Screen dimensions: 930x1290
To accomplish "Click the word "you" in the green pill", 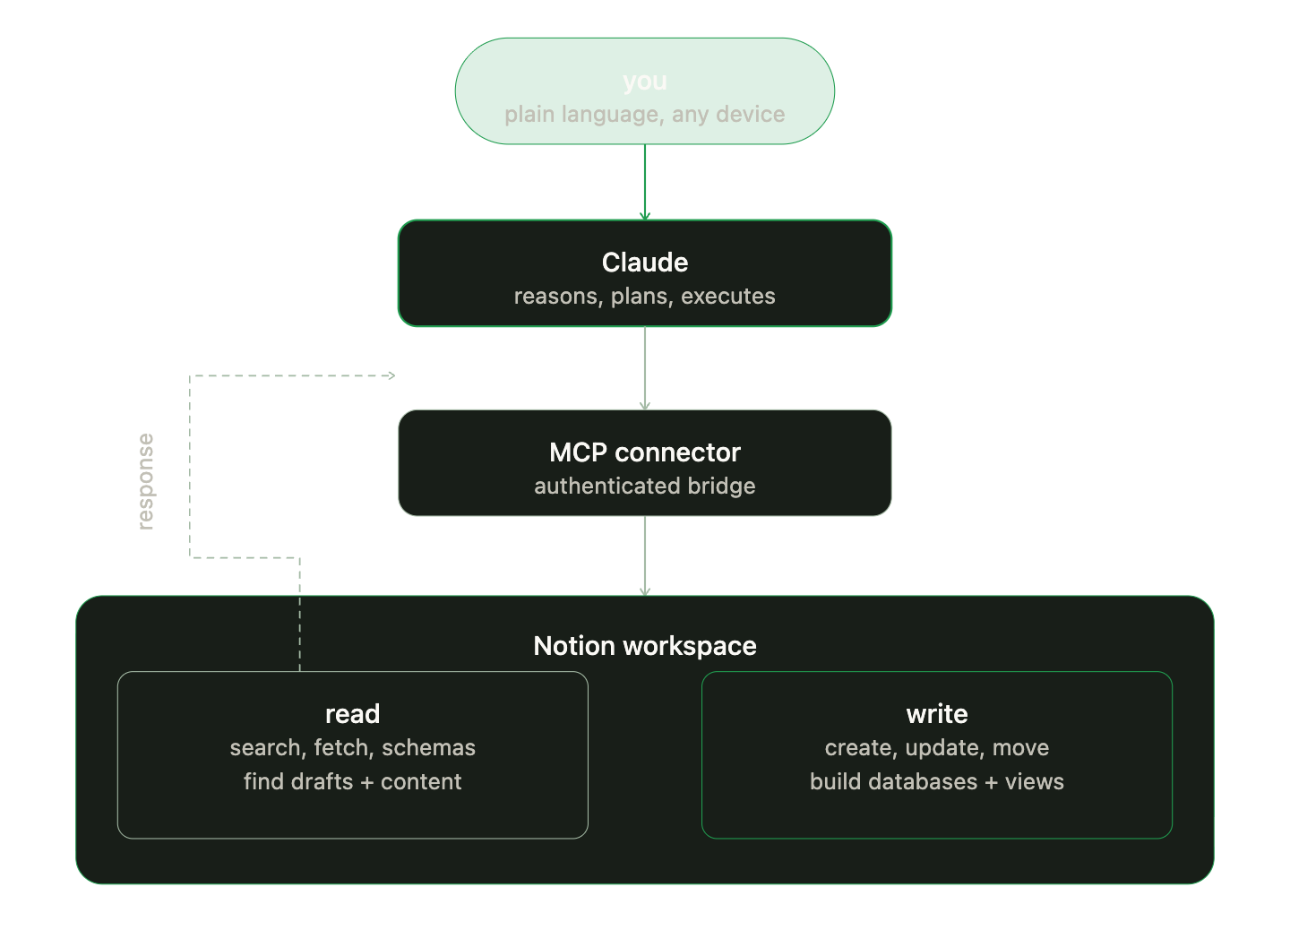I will pos(644,82).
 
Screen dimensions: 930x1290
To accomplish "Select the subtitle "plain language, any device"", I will pos(644,115).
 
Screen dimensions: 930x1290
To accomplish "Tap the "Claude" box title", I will pos(644,263).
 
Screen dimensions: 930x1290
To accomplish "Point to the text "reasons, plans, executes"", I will pos(644,297).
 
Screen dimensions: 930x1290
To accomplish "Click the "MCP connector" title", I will pos(644,452).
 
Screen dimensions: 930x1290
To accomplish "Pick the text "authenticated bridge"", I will pos(644,487).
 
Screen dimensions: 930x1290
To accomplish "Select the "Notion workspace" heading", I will pos(644,646).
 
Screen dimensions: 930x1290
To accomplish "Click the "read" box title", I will pos(352,714).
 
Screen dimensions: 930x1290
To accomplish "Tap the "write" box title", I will pos(936,714).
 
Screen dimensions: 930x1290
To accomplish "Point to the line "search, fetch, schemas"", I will pos(352,748).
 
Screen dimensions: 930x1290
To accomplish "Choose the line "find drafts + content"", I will pos(352,782).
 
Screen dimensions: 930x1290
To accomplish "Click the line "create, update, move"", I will pos(936,748).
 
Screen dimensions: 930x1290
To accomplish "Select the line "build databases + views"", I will pos(936,782).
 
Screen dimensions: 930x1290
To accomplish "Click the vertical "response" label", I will pos(146,482).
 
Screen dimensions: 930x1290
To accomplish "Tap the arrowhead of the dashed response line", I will pos(391,375).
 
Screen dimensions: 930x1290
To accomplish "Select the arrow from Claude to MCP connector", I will pos(644,367).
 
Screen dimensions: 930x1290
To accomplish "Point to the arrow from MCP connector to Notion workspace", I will pos(644,555).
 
